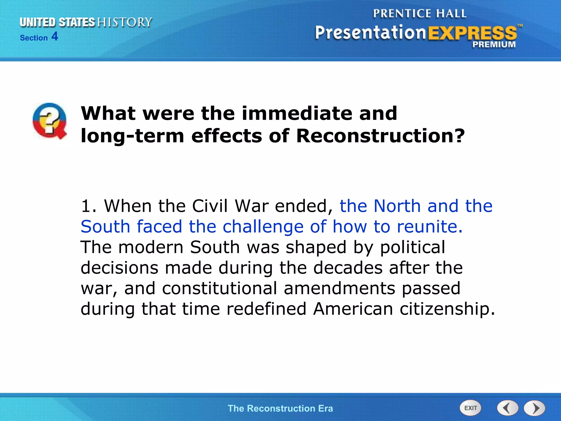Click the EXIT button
470,408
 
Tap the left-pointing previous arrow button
508,408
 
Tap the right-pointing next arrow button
534,408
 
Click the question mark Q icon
50,121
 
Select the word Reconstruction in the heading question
380,136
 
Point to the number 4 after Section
55,36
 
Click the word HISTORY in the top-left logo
125,22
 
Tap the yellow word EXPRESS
472,33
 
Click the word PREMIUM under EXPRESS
494,44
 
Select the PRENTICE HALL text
419,13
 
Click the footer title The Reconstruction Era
280,408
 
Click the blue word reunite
430,227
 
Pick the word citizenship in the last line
447,309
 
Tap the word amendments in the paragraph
339,288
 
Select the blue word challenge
263,227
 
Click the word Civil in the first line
210,206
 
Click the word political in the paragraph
413,247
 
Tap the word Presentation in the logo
370,33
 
